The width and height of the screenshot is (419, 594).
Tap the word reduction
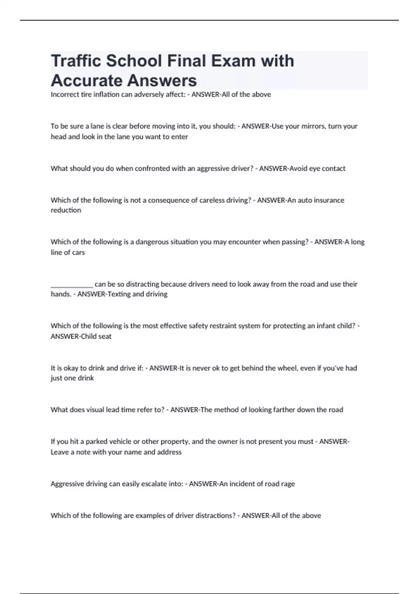point(66,210)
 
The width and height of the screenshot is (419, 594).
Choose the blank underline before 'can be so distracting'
point(72,284)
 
